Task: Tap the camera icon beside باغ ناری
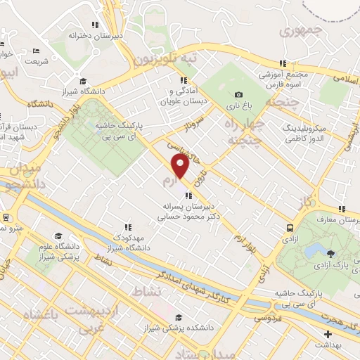239,95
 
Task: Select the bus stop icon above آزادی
290,227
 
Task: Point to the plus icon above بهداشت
327,333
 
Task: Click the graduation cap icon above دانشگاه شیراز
83,80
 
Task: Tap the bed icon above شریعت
36,50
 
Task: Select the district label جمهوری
300,31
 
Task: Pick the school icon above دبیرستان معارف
342,209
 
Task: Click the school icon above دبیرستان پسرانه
188,195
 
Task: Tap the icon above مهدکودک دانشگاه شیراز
127,227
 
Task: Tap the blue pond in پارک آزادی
314,250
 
